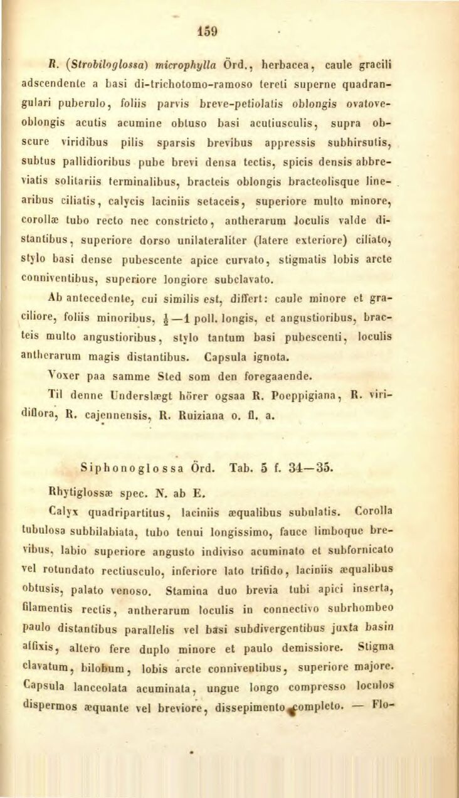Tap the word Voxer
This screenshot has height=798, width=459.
tap(83, 376)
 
